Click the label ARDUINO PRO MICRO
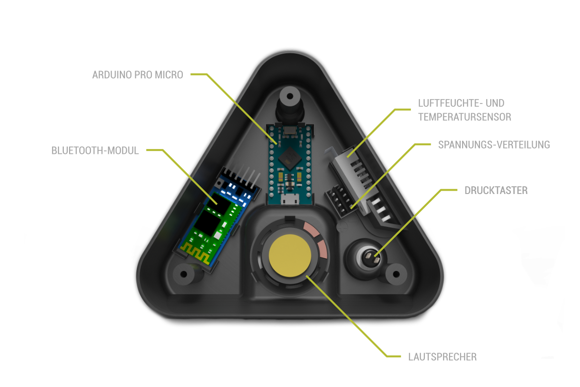click(x=138, y=75)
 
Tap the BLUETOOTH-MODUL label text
click(x=95, y=150)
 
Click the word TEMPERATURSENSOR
click(x=464, y=117)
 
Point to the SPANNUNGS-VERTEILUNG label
click(x=494, y=145)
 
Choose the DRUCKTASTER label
click(x=496, y=191)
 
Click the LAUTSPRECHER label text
click(x=442, y=357)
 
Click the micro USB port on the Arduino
click(x=290, y=198)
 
